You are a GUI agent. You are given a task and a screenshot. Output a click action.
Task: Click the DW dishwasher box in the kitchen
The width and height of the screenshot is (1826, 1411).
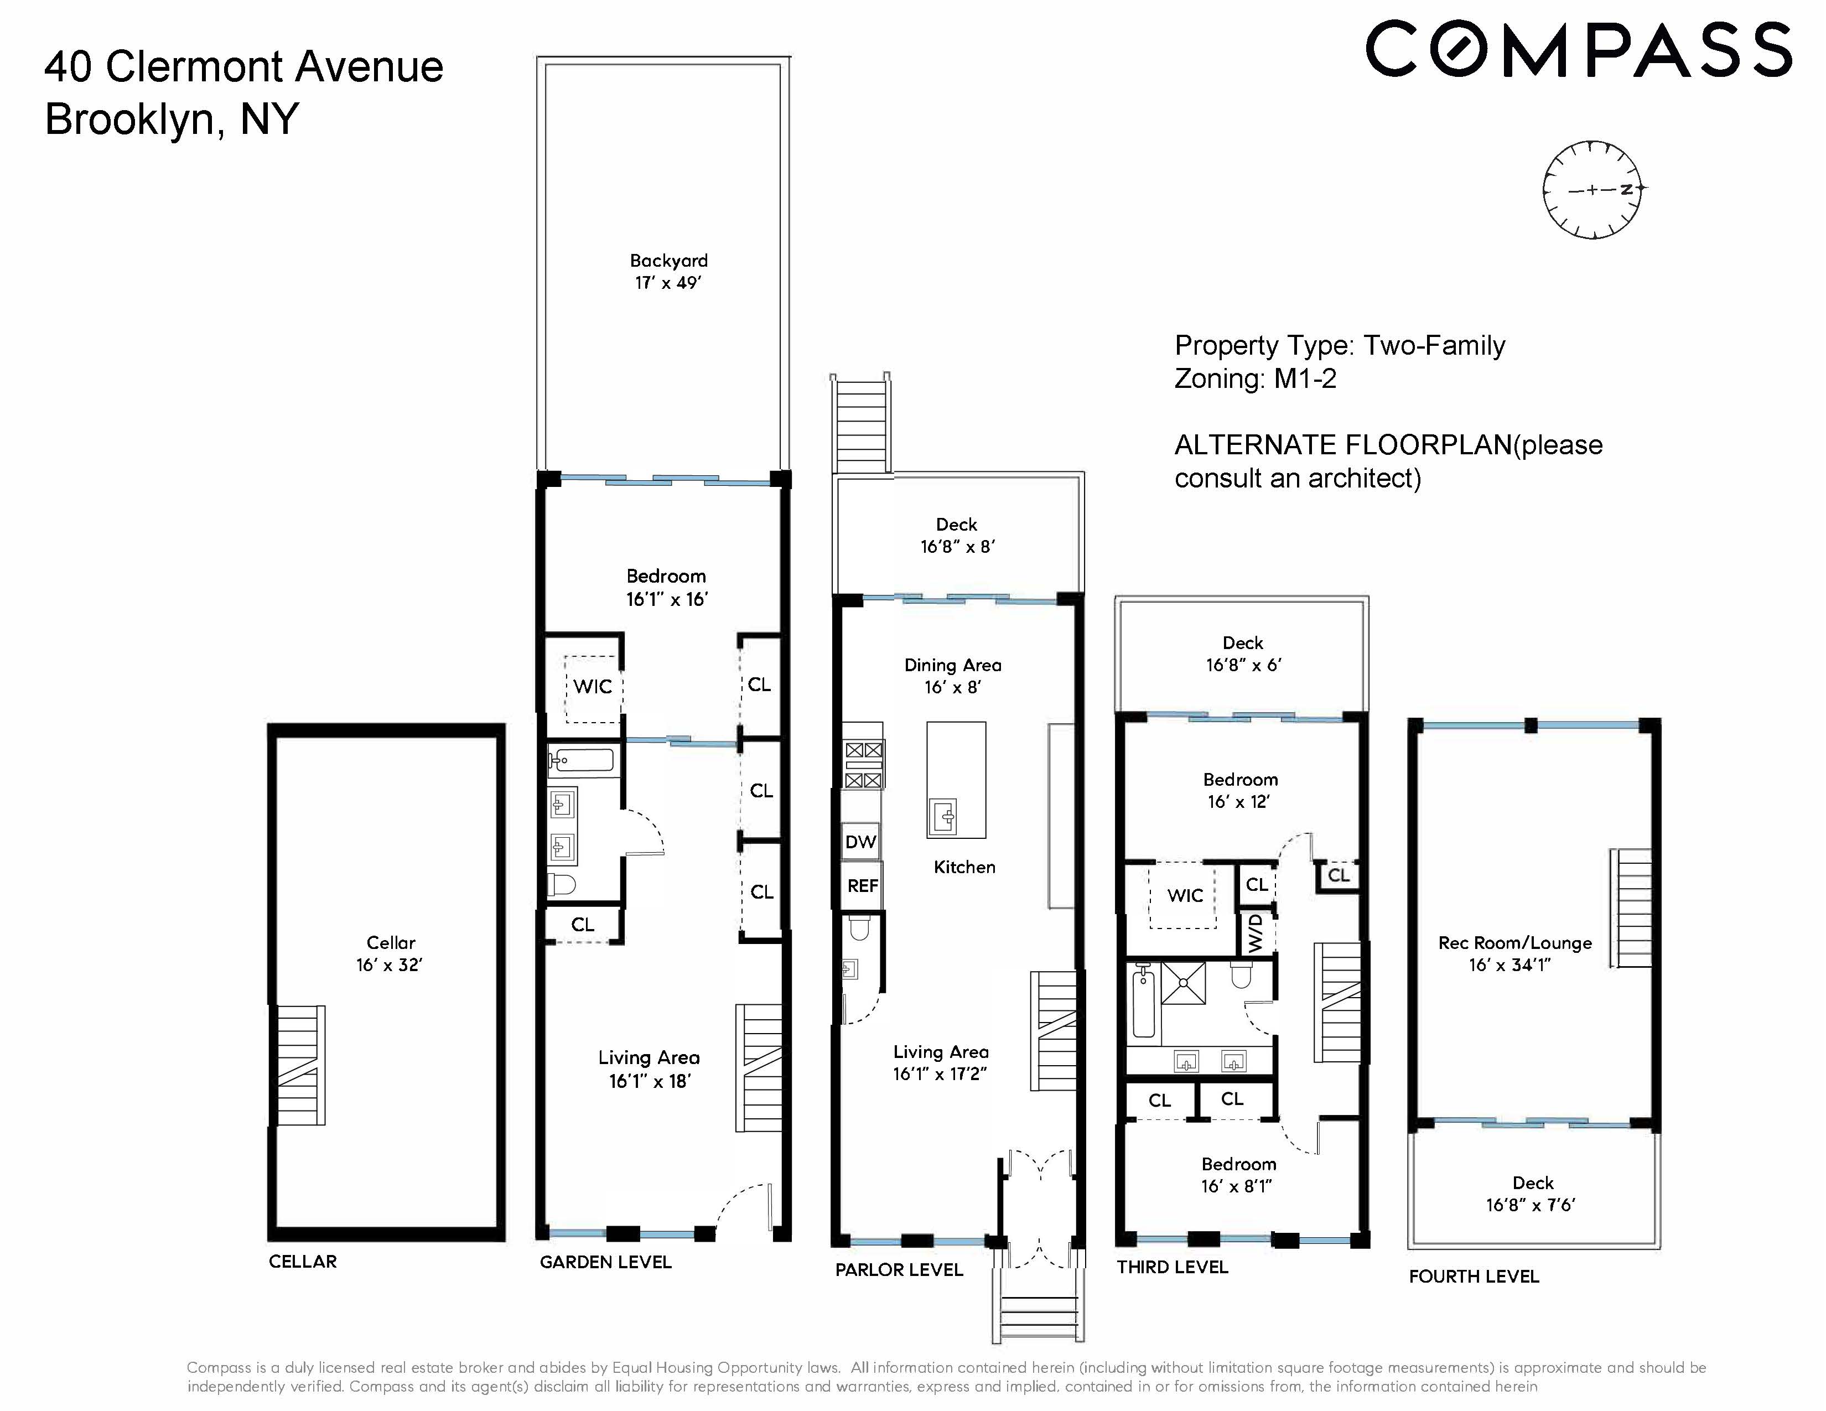(860, 842)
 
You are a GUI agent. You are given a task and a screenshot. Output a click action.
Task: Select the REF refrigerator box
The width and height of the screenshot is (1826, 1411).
(862, 885)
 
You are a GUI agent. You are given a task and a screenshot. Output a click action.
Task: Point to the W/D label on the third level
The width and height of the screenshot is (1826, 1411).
(1255, 933)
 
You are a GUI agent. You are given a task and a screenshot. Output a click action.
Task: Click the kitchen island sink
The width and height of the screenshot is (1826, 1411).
(944, 817)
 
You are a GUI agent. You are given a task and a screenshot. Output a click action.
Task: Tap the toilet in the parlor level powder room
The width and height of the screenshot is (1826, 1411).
(859, 927)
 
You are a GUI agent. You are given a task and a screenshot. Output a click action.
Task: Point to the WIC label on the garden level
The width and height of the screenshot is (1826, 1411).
(593, 686)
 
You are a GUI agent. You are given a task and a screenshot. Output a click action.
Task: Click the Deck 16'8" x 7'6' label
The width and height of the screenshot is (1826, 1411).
(1532, 1194)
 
